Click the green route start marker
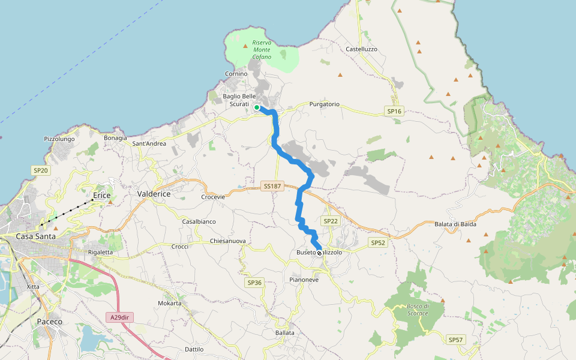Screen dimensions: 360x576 pyautogui.click(x=257, y=107)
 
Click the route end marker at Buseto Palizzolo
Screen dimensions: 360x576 pyautogui.click(x=319, y=253)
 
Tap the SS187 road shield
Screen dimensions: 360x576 pyautogui.click(x=272, y=187)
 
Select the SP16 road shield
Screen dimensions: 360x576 pyautogui.click(x=394, y=112)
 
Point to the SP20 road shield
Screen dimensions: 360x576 pyautogui.click(x=41, y=170)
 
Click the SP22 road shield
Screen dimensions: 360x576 pyautogui.click(x=331, y=221)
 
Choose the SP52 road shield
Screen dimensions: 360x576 pyautogui.click(x=377, y=242)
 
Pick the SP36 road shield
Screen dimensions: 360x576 pyautogui.click(x=254, y=282)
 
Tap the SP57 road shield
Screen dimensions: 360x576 pyautogui.click(x=456, y=340)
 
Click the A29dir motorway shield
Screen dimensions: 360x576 pyautogui.click(x=119, y=317)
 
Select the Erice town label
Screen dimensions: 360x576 pyautogui.click(x=103, y=196)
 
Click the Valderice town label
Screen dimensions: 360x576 pyautogui.click(x=154, y=194)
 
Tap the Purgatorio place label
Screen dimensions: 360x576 pyautogui.click(x=325, y=104)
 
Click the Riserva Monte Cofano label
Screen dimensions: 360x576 pyautogui.click(x=262, y=50)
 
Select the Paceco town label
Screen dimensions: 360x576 pyautogui.click(x=49, y=322)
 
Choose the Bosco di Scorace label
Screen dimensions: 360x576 pyautogui.click(x=418, y=310)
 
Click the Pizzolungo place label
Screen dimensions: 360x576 pyautogui.click(x=59, y=139)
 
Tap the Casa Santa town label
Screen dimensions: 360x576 pyautogui.click(x=35, y=236)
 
